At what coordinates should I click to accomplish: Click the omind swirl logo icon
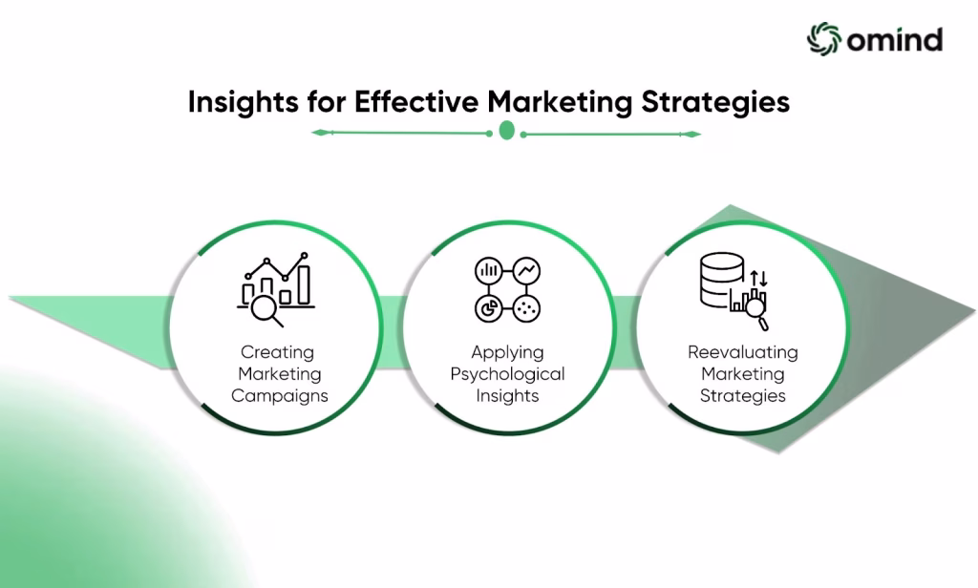pos(823,39)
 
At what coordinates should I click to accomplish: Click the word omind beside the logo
pos(894,40)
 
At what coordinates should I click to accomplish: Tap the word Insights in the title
pos(243,102)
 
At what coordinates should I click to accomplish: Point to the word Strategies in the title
pos(715,102)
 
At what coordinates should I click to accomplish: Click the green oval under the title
pos(506,131)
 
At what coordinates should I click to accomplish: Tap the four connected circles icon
pos(507,289)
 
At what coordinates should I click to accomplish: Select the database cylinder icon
pos(722,280)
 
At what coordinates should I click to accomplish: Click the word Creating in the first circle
pos(277,352)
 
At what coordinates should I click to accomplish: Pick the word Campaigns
pos(280,396)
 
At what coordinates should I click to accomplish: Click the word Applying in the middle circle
pos(507,353)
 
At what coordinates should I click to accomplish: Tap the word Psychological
pos(507,374)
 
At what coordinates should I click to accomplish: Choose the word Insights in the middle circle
pos(507,396)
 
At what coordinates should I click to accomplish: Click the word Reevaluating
pos(743,352)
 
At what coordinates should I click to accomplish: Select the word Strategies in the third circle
pos(743,396)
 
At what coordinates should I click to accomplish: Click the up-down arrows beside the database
pos(758,278)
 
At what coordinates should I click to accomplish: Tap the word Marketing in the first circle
pos(280,374)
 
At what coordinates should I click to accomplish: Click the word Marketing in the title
pos(560,102)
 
